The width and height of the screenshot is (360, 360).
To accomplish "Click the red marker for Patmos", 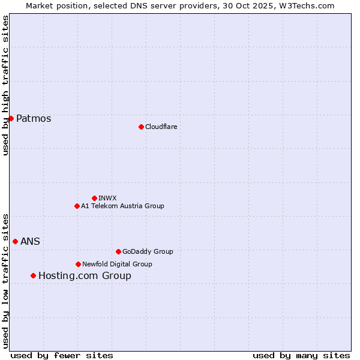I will pyautogui.click(x=11, y=118).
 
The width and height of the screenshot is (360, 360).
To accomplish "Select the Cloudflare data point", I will pyautogui.click(x=141, y=127).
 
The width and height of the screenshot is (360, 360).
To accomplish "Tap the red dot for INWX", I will pyautogui.click(x=94, y=198).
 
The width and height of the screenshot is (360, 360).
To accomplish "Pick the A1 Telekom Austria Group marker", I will pyautogui.click(x=77, y=206).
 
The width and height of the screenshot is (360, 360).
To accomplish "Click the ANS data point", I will pyautogui.click(x=15, y=241).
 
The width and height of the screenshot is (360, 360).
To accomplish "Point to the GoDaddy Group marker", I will pyautogui.click(x=118, y=251).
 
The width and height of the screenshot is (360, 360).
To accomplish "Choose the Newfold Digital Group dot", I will pyautogui.click(x=78, y=264).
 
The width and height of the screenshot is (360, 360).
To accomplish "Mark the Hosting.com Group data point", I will pyautogui.click(x=33, y=275).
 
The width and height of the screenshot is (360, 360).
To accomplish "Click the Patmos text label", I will pyautogui.click(x=34, y=119).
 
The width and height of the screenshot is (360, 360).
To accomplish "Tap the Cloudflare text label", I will pyautogui.click(x=161, y=127).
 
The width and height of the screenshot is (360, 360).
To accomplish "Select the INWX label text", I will pyautogui.click(x=107, y=198).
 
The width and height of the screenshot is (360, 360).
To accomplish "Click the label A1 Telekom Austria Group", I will pyautogui.click(x=122, y=206).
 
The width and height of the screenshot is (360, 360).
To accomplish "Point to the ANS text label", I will pyautogui.click(x=31, y=241).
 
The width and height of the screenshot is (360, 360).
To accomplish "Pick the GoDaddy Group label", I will pyautogui.click(x=147, y=251).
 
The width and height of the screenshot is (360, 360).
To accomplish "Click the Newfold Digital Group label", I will pyautogui.click(x=117, y=264).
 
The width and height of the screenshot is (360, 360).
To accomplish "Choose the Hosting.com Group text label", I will pyautogui.click(x=85, y=276).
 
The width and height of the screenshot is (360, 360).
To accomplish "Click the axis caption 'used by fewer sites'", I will pyautogui.click(x=62, y=355).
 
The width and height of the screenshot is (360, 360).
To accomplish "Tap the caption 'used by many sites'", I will pyautogui.click(x=301, y=355).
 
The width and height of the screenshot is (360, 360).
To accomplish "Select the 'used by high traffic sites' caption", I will pyautogui.click(x=5, y=85).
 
